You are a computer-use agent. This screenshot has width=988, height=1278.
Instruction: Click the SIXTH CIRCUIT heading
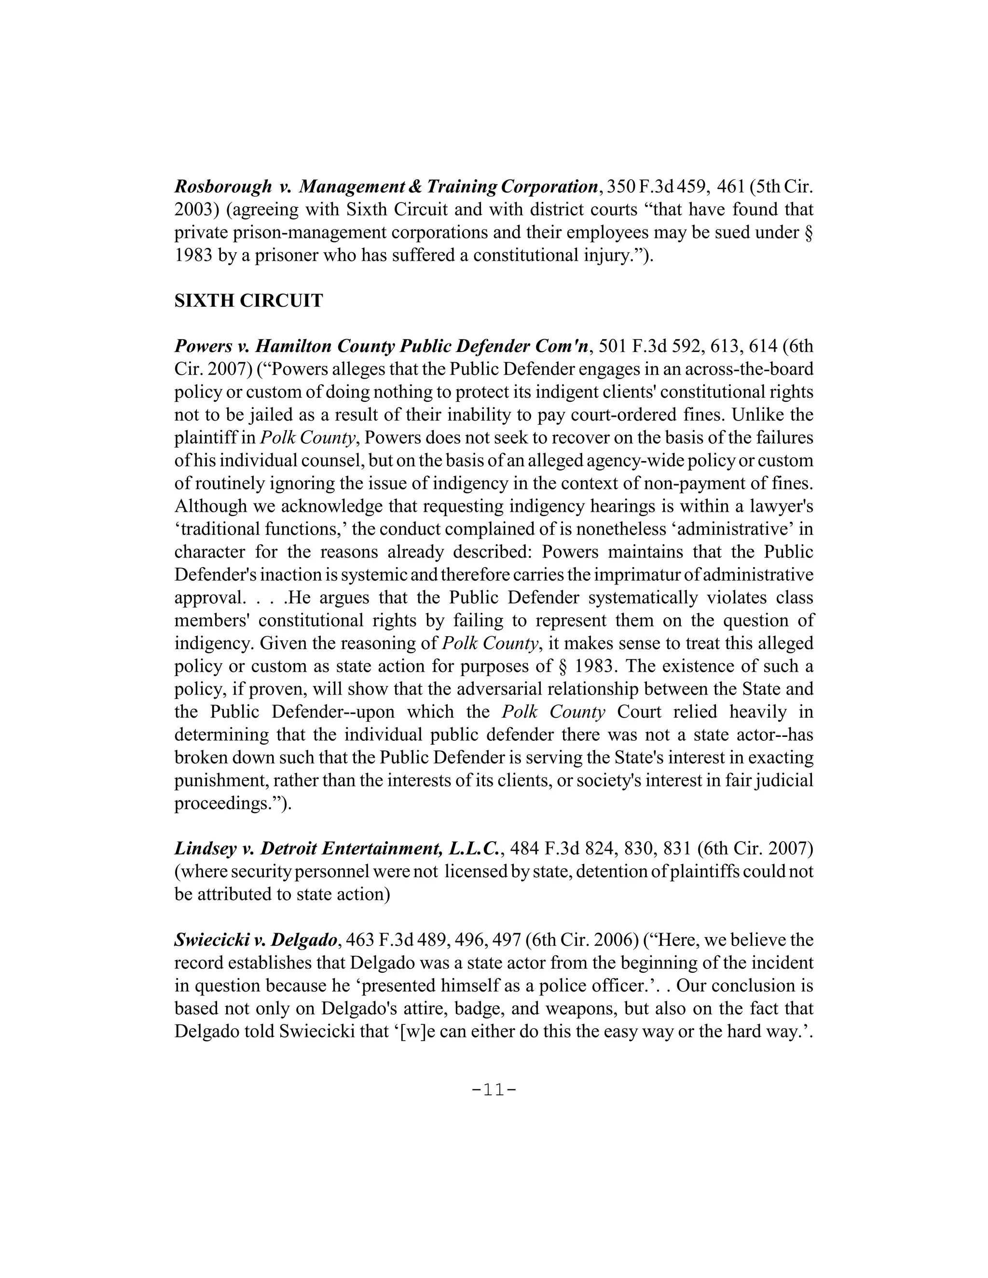pyautogui.click(x=248, y=301)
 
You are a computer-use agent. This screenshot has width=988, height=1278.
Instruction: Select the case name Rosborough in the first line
pyautogui.click(x=223, y=187)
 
